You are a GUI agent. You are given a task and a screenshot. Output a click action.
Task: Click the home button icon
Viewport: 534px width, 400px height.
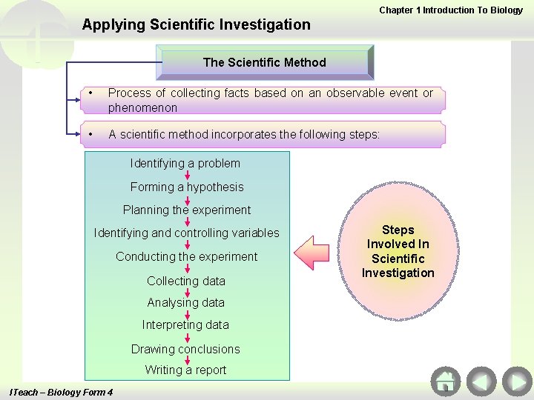[x=445, y=381]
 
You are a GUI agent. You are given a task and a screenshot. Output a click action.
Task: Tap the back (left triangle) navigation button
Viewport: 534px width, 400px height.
[x=481, y=381]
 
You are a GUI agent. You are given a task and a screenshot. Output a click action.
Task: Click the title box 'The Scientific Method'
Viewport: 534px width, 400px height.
[x=265, y=62]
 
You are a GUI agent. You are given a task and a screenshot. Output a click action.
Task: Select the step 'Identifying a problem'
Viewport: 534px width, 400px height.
[x=185, y=163]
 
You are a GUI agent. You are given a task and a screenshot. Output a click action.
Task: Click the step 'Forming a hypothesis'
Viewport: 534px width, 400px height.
[x=187, y=187]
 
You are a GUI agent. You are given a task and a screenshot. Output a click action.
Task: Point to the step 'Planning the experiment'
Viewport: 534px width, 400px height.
[x=187, y=210]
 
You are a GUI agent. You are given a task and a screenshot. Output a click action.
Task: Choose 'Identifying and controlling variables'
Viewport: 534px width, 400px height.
[x=187, y=233]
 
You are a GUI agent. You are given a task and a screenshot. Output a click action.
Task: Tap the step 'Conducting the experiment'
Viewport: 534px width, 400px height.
[x=187, y=256]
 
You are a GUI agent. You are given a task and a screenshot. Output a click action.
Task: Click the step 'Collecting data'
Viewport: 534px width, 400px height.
[x=186, y=281]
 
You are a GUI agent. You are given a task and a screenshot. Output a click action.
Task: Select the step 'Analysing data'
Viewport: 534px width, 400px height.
[x=186, y=302]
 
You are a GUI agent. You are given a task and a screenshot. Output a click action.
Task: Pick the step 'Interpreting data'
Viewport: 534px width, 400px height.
[x=186, y=324]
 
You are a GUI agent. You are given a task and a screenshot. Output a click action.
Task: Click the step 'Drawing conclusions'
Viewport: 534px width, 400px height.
[x=186, y=349]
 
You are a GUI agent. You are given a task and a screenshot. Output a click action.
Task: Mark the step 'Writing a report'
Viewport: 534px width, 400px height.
[x=186, y=370]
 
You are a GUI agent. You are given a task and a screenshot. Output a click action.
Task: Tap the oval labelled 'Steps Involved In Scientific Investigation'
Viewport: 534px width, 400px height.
[x=398, y=252]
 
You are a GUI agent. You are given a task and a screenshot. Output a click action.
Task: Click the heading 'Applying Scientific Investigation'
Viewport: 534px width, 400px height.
[x=197, y=24]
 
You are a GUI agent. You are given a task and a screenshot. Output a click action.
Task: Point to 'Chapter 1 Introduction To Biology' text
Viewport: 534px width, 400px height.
[x=451, y=10]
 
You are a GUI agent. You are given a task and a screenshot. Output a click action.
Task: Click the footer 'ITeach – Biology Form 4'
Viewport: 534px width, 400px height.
[x=59, y=392]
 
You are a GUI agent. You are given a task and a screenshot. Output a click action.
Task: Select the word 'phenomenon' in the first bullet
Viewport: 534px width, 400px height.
[x=143, y=107]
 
